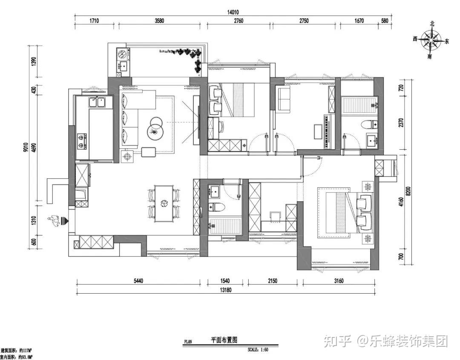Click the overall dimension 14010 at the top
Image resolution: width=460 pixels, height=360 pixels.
tap(233, 13)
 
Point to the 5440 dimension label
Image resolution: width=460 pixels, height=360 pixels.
tap(138, 281)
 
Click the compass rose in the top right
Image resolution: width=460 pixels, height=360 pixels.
tap(431, 41)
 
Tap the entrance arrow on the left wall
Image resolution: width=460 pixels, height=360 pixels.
tap(64, 220)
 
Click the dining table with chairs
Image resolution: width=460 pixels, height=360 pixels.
tap(164, 203)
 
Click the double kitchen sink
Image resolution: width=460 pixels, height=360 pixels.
tap(98, 102)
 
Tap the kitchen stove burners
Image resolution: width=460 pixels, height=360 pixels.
tap(81, 141)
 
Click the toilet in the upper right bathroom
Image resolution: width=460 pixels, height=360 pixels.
tap(368, 125)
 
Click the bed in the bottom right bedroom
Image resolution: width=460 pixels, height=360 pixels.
tap(343, 211)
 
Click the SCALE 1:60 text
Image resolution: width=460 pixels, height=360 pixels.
tap(258, 350)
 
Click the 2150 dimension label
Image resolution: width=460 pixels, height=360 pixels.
tap(273, 281)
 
